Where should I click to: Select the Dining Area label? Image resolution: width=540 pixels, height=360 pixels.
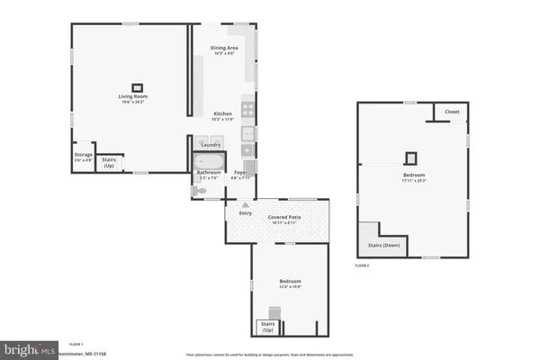click(x=223, y=48)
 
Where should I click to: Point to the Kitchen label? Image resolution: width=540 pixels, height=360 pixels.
click(x=222, y=114)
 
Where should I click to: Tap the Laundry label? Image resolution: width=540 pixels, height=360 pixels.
click(x=211, y=145)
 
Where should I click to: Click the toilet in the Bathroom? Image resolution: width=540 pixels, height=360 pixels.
click(x=200, y=190)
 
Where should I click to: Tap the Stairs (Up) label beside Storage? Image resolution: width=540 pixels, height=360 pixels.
click(x=109, y=161)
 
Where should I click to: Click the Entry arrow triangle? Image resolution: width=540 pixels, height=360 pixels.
click(x=244, y=205)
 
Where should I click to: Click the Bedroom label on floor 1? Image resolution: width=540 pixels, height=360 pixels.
click(x=290, y=282)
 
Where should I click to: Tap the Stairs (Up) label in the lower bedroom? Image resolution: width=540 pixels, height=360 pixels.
click(x=266, y=326)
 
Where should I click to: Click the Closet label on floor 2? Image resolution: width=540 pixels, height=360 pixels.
click(x=452, y=112)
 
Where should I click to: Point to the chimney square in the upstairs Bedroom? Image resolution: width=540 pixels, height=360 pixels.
click(x=412, y=157)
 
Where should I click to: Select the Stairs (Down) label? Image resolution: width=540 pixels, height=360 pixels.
click(x=382, y=244)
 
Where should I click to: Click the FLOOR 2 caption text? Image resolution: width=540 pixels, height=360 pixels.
click(x=362, y=266)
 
